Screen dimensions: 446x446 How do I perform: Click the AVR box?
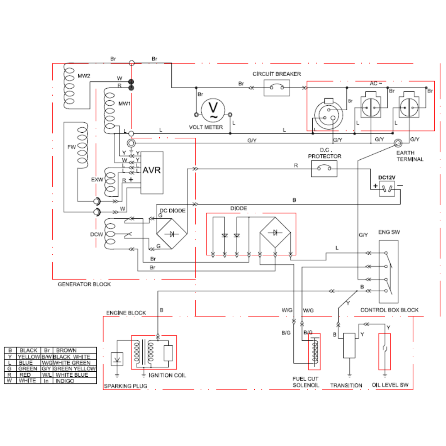[152, 172]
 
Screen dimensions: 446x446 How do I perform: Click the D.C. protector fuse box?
[324, 169]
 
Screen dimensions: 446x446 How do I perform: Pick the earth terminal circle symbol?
[398, 143]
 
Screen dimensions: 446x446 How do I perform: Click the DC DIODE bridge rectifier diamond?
[171, 234]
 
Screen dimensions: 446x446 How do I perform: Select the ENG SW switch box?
[388, 271]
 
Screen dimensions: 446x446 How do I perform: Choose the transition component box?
[349, 346]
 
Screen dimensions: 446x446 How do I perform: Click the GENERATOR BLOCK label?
[84, 284]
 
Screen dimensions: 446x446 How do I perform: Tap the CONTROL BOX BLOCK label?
[389, 310]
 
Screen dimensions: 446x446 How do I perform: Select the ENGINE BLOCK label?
[126, 313]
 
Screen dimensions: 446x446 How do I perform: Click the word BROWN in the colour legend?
[66, 350]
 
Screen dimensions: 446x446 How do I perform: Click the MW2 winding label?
[84, 76]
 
